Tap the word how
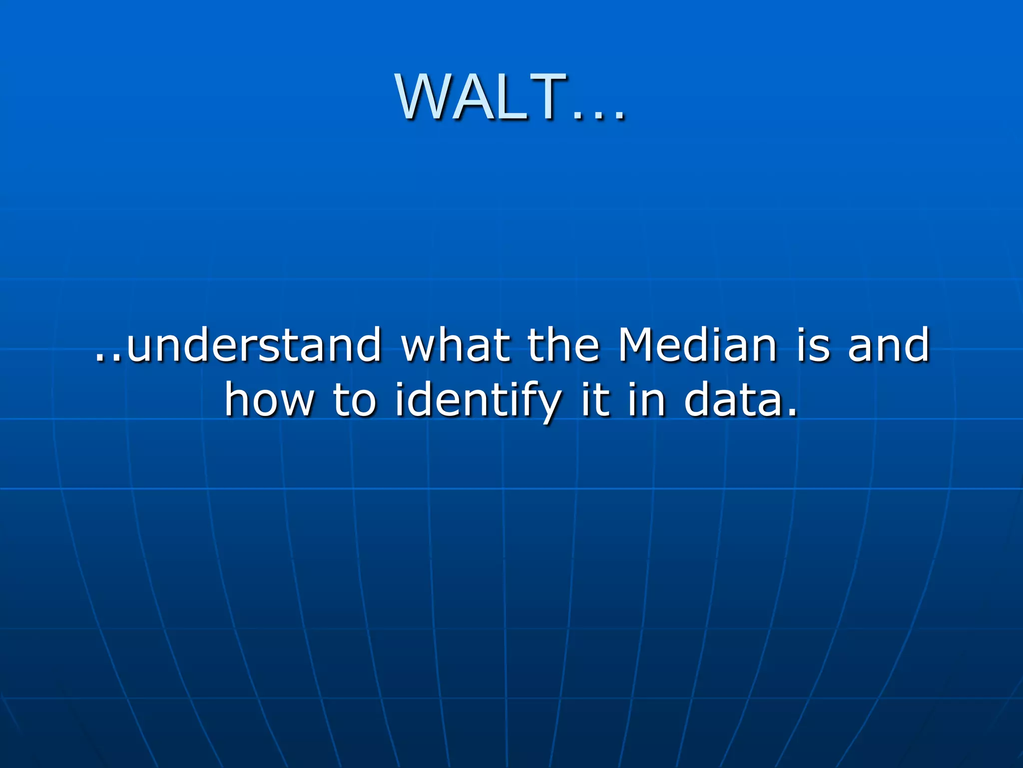pos(270,400)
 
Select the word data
pos(732,400)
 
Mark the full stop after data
pos(791,413)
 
